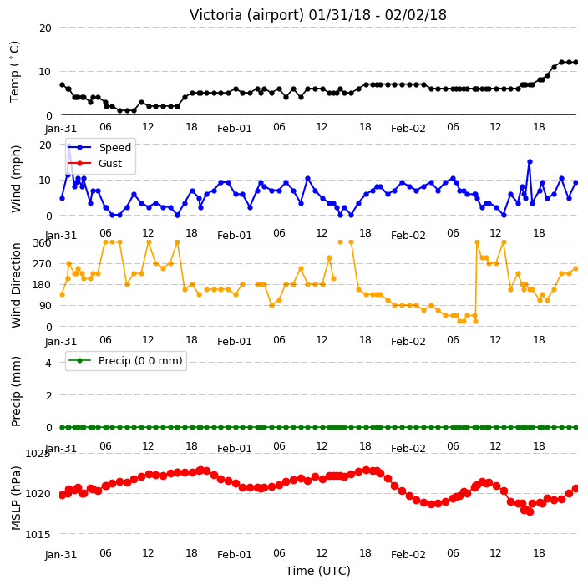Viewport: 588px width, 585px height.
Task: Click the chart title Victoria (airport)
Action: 247,15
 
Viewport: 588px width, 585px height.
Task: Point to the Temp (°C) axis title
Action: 15,72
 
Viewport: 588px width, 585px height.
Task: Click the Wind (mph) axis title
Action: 16,180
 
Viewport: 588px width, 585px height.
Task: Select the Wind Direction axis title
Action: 16,286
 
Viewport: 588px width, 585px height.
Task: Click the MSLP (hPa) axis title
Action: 16,498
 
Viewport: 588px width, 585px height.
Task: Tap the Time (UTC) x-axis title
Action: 318,571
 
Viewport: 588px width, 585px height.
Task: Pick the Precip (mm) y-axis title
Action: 16,391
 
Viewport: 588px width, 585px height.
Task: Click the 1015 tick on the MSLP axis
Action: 38,534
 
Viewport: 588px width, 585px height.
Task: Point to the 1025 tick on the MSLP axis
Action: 38,454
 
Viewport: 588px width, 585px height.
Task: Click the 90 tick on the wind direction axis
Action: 45,306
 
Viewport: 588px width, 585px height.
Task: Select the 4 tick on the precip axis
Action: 48,363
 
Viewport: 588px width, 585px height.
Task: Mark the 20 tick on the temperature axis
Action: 45,28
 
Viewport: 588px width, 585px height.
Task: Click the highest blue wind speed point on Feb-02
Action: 530,162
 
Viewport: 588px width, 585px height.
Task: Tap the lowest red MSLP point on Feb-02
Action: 530,511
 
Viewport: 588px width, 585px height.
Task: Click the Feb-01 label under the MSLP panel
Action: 235,555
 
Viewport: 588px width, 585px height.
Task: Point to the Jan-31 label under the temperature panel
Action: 61,129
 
